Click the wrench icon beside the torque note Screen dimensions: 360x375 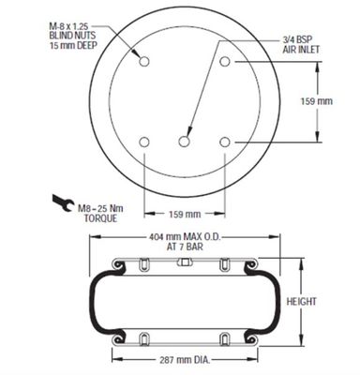coord(64,203)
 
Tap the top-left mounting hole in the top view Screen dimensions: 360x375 coord(144,61)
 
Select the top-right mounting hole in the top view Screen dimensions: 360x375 coord(225,61)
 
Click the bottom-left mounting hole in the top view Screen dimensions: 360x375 coord(144,142)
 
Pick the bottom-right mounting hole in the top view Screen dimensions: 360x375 coord(225,142)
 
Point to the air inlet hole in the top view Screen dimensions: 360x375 coord(185,142)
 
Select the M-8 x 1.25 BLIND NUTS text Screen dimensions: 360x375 coord(72,30)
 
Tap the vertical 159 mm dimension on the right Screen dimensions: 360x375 coord(316,101)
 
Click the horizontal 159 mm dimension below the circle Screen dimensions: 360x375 coord(185,214)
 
